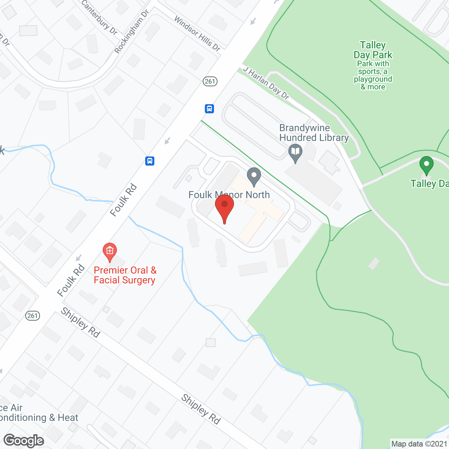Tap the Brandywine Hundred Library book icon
point(295,153)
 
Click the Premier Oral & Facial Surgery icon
point(110,251)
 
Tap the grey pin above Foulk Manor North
point(254,176)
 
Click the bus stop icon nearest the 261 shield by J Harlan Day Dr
point(209,109)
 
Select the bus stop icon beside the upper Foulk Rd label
point(150,161)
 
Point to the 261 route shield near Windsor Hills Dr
point(210,81)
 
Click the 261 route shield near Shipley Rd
point(32,316)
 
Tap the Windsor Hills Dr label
point(197,33)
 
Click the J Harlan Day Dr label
point(266,83)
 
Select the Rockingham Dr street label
point(132,32)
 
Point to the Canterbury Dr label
point(99,17)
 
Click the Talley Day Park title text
point(373,50)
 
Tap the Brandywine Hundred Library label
point(314,133)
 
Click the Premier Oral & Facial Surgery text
point(125,275)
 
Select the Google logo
point(24,441)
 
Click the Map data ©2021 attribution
point(419,444)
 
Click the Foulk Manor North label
point(229,195)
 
